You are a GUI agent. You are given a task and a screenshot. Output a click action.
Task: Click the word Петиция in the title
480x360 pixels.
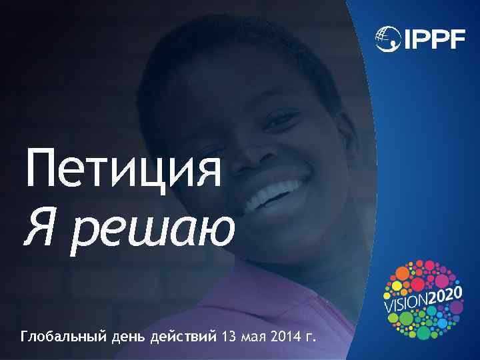[x=124, y=169]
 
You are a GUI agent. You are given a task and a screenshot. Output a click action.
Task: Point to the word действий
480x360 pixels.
[x=187, y=334]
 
